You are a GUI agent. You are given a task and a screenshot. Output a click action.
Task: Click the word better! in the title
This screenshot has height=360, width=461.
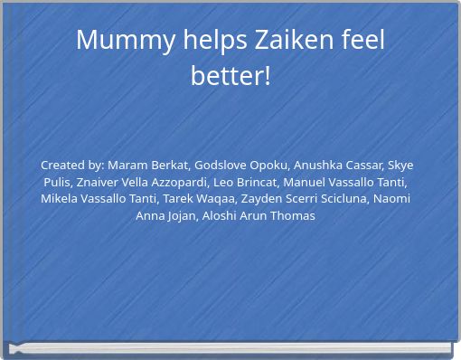coord(230,76)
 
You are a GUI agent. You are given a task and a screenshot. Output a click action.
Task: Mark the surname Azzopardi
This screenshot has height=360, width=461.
coord(179,182)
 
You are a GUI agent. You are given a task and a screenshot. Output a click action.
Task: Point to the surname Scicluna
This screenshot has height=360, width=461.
coord(342,199)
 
